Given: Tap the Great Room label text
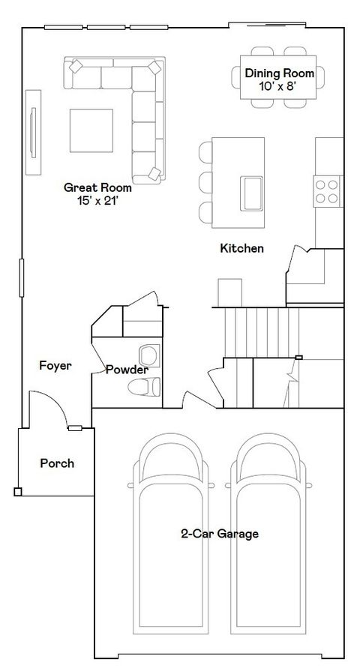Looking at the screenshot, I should [97, 187].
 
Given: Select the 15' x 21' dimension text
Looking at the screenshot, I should [97, 200].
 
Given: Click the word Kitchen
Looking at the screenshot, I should [241, 248].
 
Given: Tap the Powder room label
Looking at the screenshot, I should [126, 370].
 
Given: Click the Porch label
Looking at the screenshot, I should [57, 463].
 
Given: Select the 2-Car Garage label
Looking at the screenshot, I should [220, 534].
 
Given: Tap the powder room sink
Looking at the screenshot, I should [148, 354].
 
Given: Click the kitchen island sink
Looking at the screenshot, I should [251, 193].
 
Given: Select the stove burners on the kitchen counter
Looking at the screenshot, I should [327, 190].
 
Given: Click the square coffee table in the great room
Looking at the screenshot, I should [92, 130].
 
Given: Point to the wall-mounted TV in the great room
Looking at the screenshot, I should [33, 133].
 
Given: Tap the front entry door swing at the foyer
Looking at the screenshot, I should [45, 411].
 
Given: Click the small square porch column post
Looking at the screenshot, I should [17, 492].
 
